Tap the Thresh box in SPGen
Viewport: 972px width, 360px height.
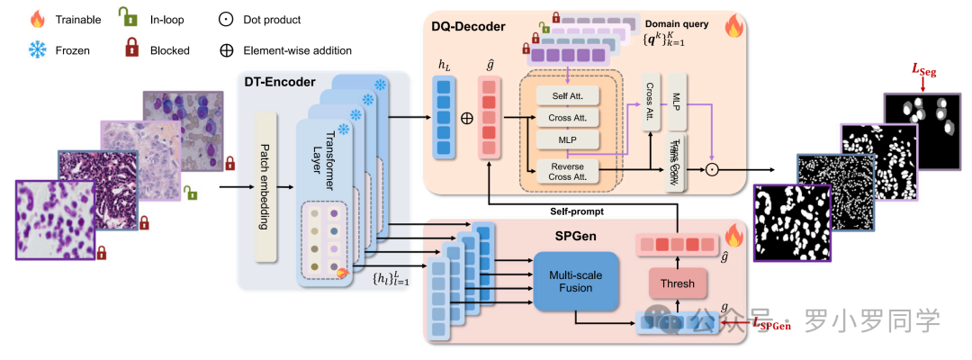(677, 283)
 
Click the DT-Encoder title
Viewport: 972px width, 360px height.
(280, 82)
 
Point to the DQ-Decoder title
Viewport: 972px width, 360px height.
(468, 27)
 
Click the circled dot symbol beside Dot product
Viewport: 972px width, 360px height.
(227, 19)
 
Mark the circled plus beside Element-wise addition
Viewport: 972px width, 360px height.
(227, 50)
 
